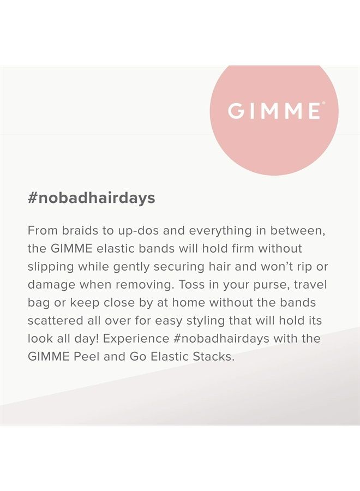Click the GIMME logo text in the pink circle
274,111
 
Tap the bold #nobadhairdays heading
91,198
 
